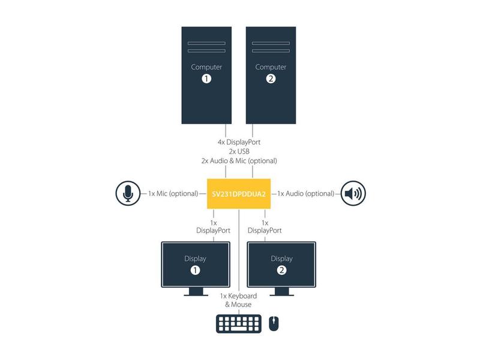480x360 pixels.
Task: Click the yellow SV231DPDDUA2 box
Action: click(239, 194)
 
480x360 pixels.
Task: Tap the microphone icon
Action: click(127, 194)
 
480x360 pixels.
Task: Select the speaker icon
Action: click(353, 194)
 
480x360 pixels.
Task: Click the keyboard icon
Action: click(239, 323)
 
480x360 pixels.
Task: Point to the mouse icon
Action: click(274, 323)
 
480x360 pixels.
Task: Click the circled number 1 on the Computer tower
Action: click(206, 79)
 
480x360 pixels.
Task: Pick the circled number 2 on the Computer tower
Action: click(271, 79)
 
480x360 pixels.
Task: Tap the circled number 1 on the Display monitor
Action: click(194, 271)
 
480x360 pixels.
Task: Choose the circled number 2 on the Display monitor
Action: click(281, 271)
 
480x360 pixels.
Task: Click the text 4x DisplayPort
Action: click(239, 142)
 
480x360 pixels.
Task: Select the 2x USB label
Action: click(239, 151)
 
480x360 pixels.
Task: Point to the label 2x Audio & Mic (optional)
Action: click(239, 160)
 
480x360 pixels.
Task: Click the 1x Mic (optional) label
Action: click(173, 194)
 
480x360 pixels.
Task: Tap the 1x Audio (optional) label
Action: click(305, 194)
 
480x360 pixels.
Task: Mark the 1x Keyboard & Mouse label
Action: click(238, 300)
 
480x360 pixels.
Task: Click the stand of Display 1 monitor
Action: click(196, 292)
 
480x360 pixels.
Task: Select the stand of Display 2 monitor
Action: click(281, 292)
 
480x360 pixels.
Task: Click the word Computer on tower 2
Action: click(271, 67)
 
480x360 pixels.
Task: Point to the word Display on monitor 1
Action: click(194, 259)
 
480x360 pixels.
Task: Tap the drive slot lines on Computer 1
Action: click(206, 47)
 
